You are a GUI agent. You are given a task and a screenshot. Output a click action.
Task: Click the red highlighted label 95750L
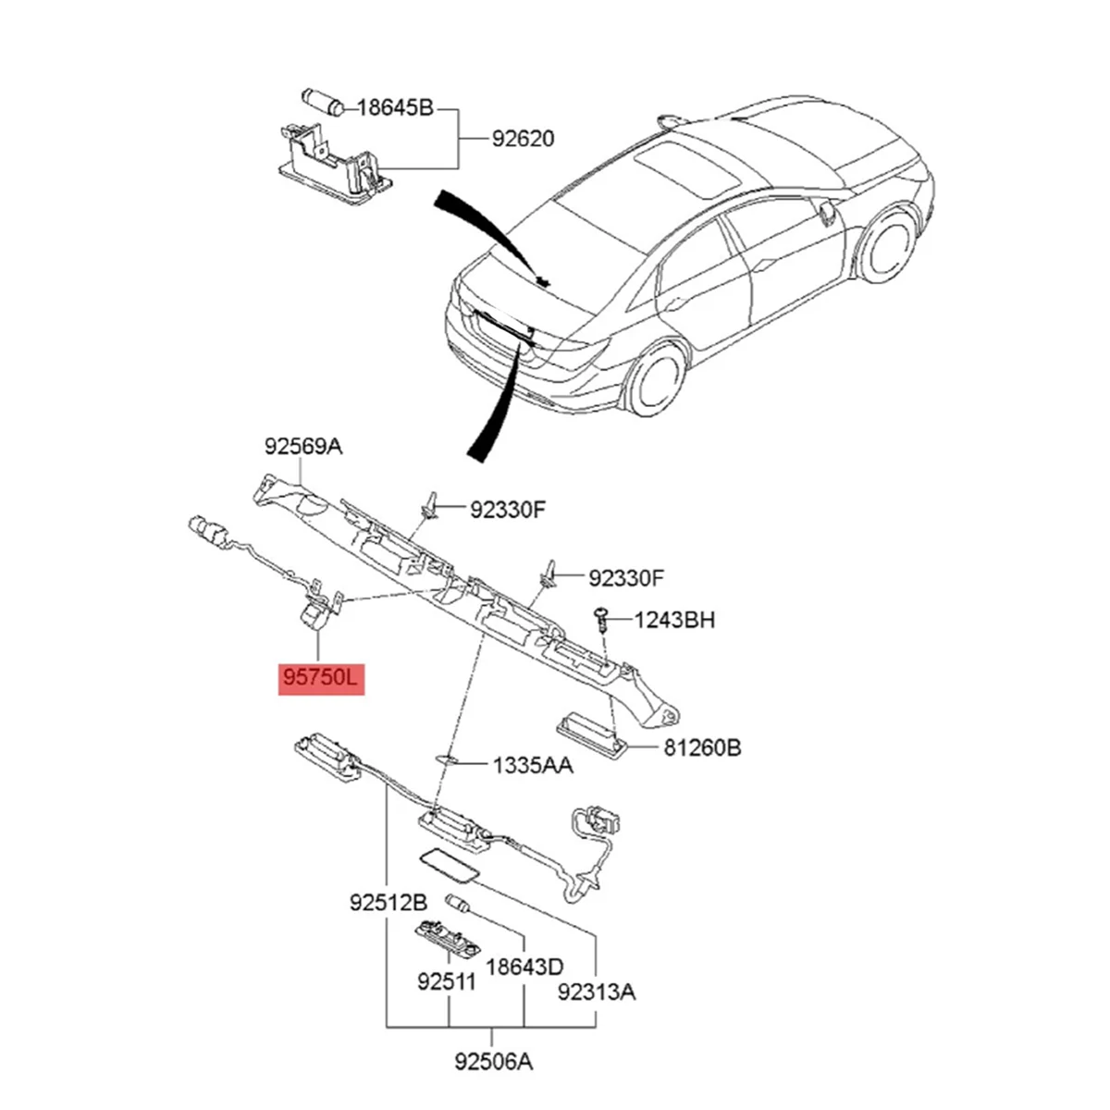pos(322,678)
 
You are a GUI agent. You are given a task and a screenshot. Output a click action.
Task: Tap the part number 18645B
pos(395,108)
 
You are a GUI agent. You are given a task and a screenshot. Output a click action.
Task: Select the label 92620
pos(523,139)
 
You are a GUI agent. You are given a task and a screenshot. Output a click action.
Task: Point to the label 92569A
pos(303,448)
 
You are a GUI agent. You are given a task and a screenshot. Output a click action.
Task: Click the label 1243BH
pos(674,620)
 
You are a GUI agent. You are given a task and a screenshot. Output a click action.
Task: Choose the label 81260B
pos(701,747)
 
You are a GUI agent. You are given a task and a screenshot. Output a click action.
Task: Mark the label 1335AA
pos(532,765)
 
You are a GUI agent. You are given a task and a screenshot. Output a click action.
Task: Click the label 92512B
pos(388,902)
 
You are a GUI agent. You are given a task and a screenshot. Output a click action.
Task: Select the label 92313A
pos(597,993)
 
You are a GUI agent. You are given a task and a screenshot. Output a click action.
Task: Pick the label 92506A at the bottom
pos(494,1062)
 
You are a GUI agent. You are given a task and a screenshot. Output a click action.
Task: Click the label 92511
pos(446,980)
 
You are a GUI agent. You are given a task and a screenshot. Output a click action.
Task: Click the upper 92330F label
pos(508,508)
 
